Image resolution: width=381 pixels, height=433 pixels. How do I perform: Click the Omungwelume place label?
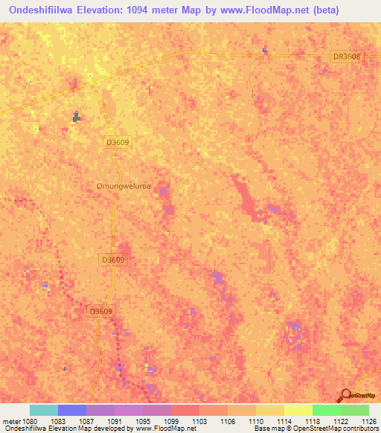tap(124, 186)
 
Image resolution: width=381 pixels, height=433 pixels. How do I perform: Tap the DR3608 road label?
tap(345, 57)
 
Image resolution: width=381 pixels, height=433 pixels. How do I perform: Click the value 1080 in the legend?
tap(31, 421)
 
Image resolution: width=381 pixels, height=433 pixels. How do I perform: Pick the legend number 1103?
tap(199, 421)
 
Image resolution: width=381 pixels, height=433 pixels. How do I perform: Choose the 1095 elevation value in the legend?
tap(143, 421)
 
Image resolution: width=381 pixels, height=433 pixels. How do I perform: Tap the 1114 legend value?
tap(284, 421)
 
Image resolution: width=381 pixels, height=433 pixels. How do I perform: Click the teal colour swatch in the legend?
tap(44, 410)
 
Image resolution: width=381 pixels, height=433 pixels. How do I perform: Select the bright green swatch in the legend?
tap(326, 410)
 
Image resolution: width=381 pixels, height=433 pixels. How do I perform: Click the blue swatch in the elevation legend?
tap(72, 410)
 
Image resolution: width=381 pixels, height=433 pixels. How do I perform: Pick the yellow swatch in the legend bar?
tap(298, 410)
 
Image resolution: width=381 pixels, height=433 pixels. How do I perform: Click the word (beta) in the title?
tap(353, 10)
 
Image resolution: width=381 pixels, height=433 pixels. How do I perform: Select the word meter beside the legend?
tap(11, 421)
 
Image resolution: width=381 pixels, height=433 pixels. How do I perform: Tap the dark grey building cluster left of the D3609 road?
tap(76, 116)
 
